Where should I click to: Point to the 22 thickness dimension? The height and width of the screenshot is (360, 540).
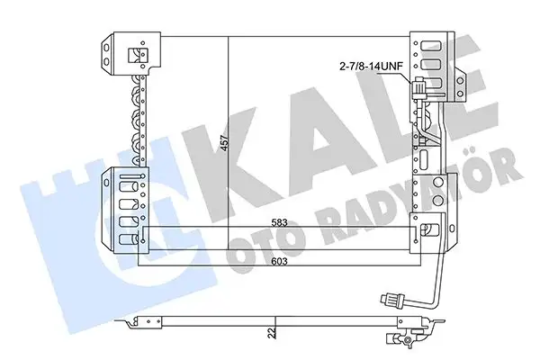coord(271,334)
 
